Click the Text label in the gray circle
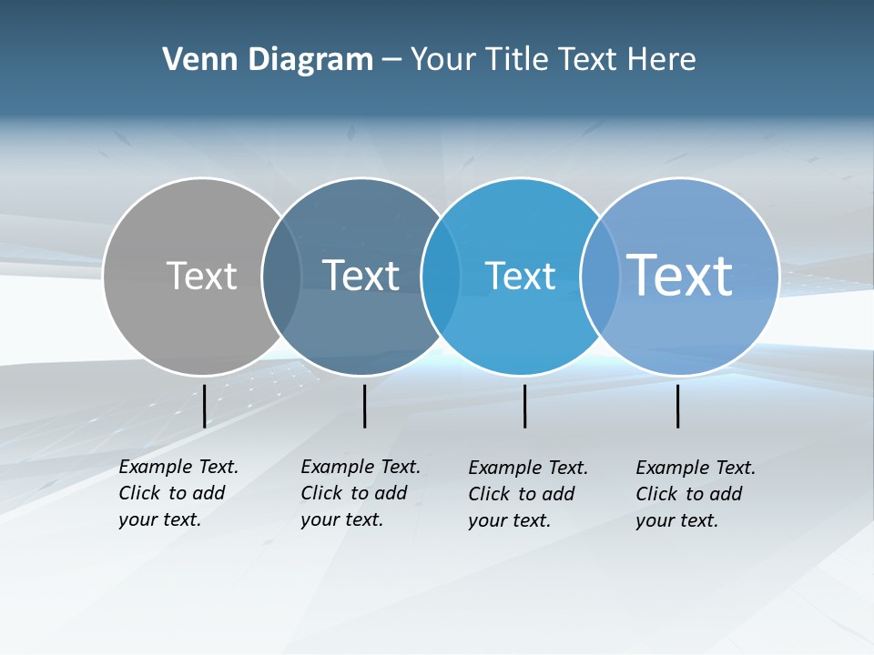tap(201, 276)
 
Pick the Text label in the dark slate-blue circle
tap(361, 276)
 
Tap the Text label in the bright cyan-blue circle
tap(520, 276)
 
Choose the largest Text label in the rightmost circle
tap(680, 275)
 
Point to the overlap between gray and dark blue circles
tap(281, 276)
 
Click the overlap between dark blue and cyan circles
tap(441, 276)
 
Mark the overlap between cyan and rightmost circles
tap(599, 276)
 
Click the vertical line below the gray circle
tap(204, 406)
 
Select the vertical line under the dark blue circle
tap(364, 406)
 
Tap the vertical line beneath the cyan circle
tap(524, 406)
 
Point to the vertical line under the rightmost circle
tap(677, 406)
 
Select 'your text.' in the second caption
tap(341, 520)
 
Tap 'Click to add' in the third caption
tap(522, 494)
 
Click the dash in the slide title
tap(391, 61)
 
